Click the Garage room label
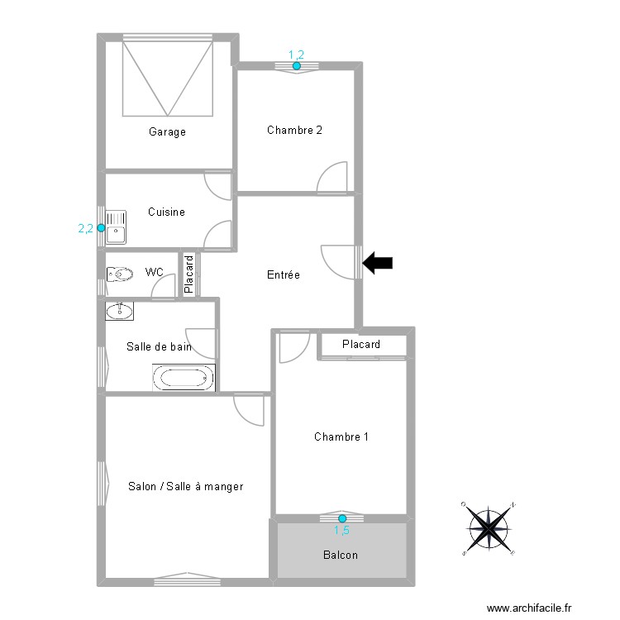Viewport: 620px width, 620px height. point(167,131)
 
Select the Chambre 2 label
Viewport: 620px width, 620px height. point(294,130)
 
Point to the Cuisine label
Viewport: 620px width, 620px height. point(166,212)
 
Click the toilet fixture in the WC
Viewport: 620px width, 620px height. point(119,274)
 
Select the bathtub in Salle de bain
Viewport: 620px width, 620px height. point(184,379)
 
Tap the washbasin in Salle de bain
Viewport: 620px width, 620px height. point(120,311)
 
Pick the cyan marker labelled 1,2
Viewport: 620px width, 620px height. point(296,65)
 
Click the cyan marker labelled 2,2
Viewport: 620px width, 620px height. point(101,228)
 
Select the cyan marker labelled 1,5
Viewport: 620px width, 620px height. point(342,518)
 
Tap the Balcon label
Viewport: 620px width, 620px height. point(341,555)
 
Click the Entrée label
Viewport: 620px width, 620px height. point(283,274)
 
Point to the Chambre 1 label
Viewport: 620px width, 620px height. point(341,436)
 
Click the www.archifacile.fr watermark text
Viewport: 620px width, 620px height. point(529,608)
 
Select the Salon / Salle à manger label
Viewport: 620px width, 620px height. point(185,486)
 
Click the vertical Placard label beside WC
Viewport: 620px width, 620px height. point(188,274)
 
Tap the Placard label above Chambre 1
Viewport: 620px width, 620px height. point(361,344)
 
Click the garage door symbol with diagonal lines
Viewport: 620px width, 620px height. point(169,79)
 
